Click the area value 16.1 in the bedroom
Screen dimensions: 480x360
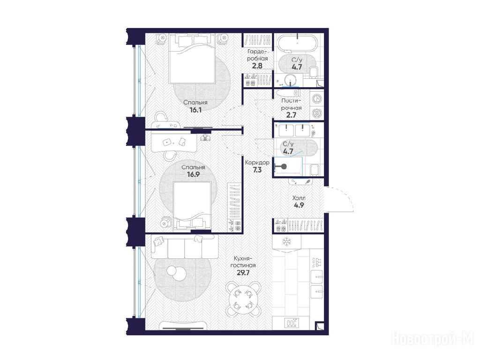click(x=195, y=110)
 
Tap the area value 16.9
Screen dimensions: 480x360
click(x=194, y=175)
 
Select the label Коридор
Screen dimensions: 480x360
click(x=257, y=163)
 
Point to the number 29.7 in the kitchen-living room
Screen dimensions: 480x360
click(x=243, y=273)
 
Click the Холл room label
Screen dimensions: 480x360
click(x=299, y=198)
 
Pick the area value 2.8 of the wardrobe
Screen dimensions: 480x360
click(x=257, y=66)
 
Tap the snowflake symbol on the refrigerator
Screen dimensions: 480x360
click(x=286, y=241)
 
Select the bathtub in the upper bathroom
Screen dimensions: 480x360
click(x=297, y=42)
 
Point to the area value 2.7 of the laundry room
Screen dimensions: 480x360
click(x=291, y=115)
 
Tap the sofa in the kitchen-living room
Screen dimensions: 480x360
click(x=185, y=247)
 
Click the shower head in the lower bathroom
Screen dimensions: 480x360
click(x=284, y=166)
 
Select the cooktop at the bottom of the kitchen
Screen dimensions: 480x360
click(x=292, y=322)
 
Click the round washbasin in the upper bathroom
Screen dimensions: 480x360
click(x=290, y=81)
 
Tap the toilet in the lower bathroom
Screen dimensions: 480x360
click(x=315, y=170)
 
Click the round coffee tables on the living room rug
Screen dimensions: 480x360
click(x=176, y=273)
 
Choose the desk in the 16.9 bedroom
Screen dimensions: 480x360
click(x=174, y=142)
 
